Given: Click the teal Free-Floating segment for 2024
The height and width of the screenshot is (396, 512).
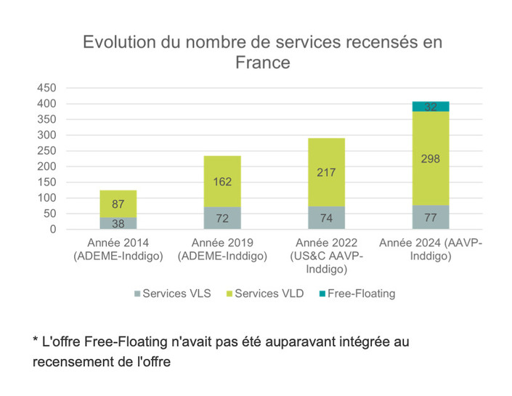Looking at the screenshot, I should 431,107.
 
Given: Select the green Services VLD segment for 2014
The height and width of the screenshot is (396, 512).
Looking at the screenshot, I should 118,203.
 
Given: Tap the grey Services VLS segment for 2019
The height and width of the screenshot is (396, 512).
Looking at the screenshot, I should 222,218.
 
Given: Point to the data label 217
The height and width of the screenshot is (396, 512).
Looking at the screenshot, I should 326,172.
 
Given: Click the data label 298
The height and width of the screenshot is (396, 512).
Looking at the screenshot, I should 431,158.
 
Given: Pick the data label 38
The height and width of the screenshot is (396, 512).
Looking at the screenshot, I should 118,224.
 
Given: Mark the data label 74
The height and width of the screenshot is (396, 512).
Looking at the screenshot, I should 326,218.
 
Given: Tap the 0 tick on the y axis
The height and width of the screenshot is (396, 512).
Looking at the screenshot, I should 52,230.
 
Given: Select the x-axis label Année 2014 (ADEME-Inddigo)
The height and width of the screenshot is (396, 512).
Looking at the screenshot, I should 118,249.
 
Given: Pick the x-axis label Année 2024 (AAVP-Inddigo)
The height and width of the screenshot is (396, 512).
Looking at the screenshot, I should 431,249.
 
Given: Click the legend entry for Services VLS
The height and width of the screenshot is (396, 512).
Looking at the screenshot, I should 172,294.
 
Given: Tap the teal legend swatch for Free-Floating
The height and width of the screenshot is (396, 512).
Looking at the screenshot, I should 320,294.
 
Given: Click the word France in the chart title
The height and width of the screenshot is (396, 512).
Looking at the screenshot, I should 262,62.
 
